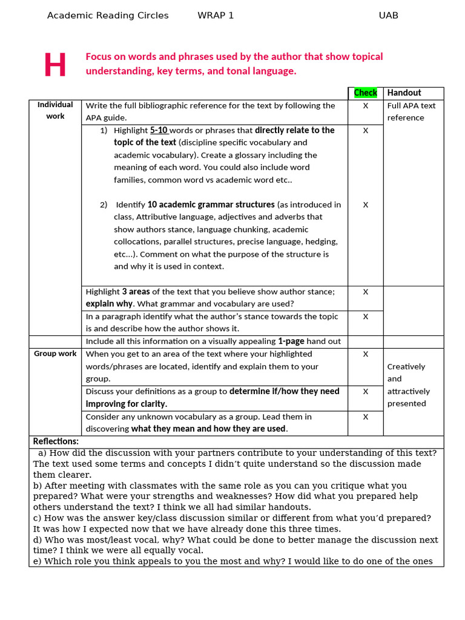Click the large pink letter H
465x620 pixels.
pos(54,65)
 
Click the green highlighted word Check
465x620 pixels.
pos(365,93)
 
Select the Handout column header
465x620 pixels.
pos(404,93)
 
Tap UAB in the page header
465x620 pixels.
pos(388,16)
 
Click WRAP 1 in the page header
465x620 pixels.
pos(216,16)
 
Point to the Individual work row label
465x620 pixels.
pos(55,110)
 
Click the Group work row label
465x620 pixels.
pos(55,354)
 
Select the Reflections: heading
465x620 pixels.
pos(56,441)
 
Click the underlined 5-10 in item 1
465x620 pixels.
pos(159,130)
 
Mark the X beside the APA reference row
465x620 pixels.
pos(365,105)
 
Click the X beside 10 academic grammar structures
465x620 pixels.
pos(365,205)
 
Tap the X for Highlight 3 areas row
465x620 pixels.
pos(365,291)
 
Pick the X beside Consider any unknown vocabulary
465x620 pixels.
pos(365,417)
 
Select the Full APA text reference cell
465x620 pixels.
pos(411,111)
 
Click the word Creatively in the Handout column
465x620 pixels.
pos(406,366)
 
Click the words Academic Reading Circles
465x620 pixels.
pos(108,16)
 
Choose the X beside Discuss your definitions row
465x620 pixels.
pos(365,391)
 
